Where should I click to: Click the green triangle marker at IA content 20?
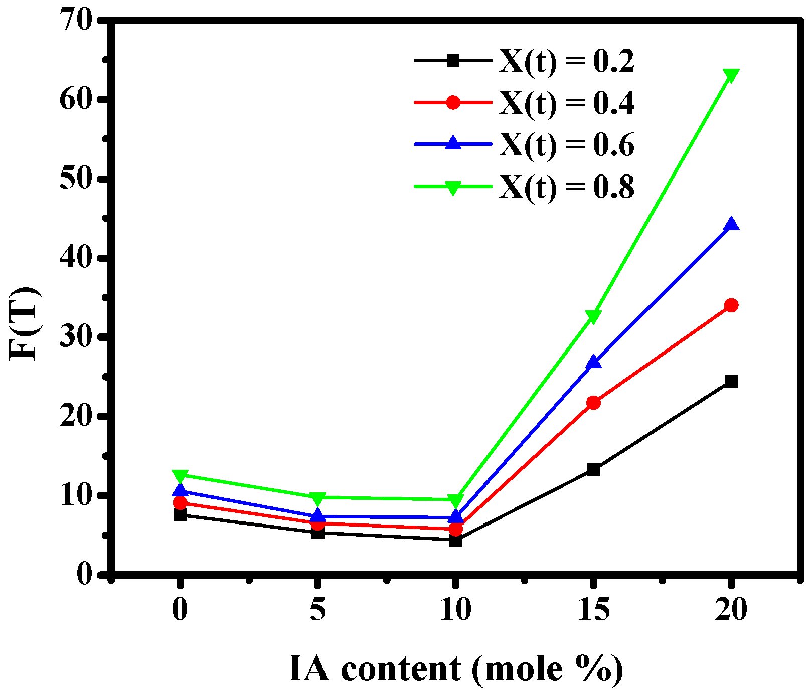coord(731,76)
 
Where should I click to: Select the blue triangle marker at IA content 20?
coord(731,225)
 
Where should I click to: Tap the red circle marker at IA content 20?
coord(731,305)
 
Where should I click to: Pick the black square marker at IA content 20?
coord(731,381)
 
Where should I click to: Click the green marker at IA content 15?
coord(593,316)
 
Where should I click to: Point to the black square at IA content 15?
coord(593,470)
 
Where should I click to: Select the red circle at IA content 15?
coord(593,403)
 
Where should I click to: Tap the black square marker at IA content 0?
coord(180,515)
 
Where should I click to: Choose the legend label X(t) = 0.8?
coord(566,187)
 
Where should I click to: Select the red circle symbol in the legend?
coord(453,103)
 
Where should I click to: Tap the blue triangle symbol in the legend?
coord(453,143)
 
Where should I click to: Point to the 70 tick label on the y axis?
coord(75,21)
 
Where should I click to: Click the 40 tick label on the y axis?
coord(75,258)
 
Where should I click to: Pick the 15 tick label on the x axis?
coord(594,610)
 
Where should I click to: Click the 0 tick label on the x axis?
coord(180,610)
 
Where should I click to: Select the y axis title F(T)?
coord(24,323)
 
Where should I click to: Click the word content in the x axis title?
coord(401,669)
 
